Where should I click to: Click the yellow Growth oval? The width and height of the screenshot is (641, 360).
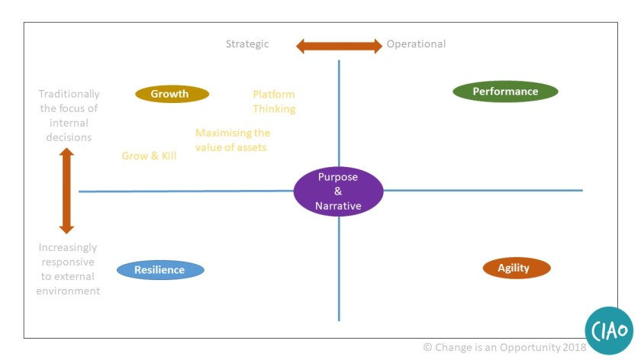click(172, 94)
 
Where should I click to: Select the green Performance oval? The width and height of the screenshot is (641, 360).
click(505, 92)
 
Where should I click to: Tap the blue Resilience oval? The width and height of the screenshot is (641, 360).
click(160, 270)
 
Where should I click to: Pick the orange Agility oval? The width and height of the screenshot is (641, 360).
click(517, 268)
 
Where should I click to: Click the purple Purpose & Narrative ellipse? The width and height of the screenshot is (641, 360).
click(338, 191)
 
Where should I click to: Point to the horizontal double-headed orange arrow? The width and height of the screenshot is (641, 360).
click(339, 46)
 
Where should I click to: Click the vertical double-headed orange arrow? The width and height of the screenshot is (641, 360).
click(66, 191)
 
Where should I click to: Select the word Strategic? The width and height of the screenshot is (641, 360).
click(247, 44)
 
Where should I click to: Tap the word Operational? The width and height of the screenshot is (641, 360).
click(416, 44)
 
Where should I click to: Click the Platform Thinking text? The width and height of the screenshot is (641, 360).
click(274, 101)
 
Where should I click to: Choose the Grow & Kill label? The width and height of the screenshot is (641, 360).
click(149, 156)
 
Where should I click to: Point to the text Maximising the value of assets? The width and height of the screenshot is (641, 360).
click(232, 140)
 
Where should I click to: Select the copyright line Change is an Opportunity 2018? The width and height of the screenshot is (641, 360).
click(504, 348)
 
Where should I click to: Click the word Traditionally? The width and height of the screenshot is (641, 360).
click(69, 94)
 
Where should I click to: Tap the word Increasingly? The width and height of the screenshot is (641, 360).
click(69, 248)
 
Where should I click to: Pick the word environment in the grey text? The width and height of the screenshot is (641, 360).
click(69, 291)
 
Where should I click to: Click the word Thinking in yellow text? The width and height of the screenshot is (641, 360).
click(274, 109)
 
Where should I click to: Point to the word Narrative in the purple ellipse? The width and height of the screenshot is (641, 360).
click(338, 206)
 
